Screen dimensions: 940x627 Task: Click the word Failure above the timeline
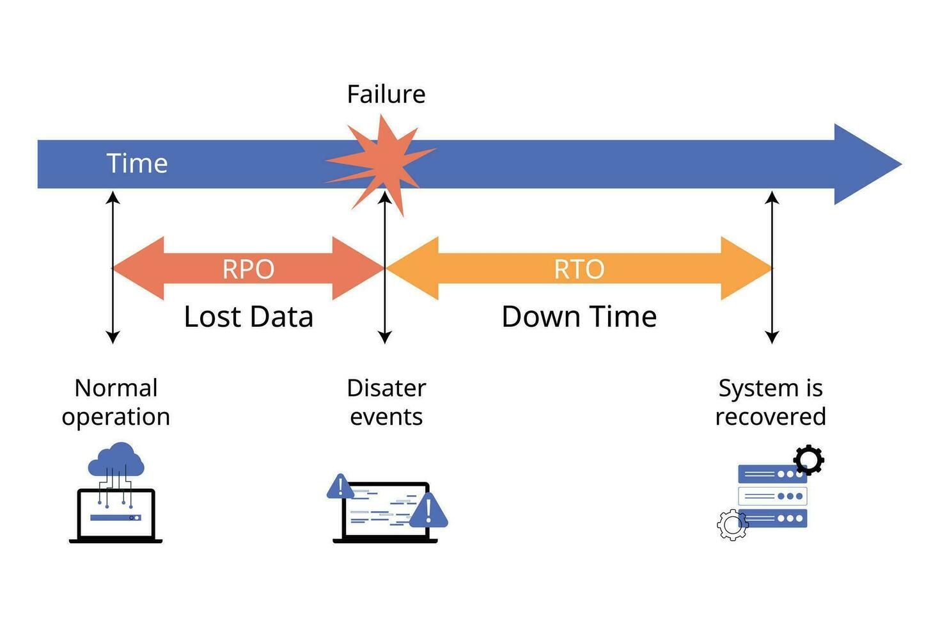386,94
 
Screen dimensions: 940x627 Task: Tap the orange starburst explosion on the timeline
381,164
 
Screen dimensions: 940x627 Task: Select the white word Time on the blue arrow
137,163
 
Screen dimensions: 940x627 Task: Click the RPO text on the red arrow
248,269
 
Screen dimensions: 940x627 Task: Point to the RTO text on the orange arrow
579,269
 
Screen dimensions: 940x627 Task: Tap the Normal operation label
116,402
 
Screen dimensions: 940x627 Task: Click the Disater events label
386,402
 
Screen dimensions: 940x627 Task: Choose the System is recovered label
771,402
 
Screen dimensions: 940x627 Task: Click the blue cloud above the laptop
116,460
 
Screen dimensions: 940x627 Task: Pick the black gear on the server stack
809,460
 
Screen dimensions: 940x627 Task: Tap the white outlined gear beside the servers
732,525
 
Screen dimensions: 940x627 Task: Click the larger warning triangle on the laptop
428,511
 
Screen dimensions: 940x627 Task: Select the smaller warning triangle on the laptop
340,487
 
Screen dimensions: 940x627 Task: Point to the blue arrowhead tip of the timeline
902,164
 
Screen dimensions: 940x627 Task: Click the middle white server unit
772,496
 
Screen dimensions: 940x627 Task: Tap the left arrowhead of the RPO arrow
139,268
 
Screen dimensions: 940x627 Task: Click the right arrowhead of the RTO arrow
746,268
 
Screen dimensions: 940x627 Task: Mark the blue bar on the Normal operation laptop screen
116,518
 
